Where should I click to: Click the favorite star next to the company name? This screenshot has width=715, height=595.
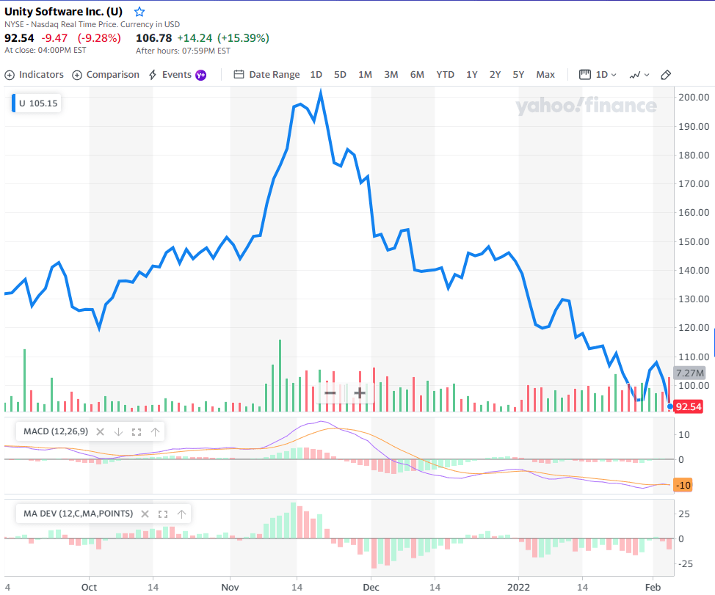coord(139,12)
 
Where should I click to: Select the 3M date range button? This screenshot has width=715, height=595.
coord(391,75)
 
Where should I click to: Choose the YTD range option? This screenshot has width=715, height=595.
coord(445,75)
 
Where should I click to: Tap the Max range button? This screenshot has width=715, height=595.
coord(545,75)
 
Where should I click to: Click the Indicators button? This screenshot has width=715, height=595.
coord(35,75)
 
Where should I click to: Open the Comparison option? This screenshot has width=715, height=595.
coord(106,75)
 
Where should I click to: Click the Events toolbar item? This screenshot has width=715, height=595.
coord(178,75)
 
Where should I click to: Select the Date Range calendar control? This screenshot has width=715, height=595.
coord(266,75)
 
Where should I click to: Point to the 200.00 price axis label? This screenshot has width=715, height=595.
coord(694,97)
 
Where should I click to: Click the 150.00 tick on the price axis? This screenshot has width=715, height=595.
coord(694,241)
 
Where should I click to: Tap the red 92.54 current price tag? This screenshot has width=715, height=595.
coord(688,406)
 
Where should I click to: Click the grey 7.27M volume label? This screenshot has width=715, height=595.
coord(690,373)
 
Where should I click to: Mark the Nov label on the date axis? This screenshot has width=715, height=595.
coord(230,587)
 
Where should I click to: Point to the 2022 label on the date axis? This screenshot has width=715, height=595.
coord(518,587)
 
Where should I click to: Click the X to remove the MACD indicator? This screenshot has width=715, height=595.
coord(101,432)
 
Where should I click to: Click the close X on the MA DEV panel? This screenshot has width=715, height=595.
coord(145,514)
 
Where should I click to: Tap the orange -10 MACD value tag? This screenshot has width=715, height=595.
coord(683,485)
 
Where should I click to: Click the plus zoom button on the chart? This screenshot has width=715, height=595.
coord(360,393)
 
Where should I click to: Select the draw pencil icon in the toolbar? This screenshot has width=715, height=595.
coord(666,75)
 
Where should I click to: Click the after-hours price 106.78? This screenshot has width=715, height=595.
coord(154,38)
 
